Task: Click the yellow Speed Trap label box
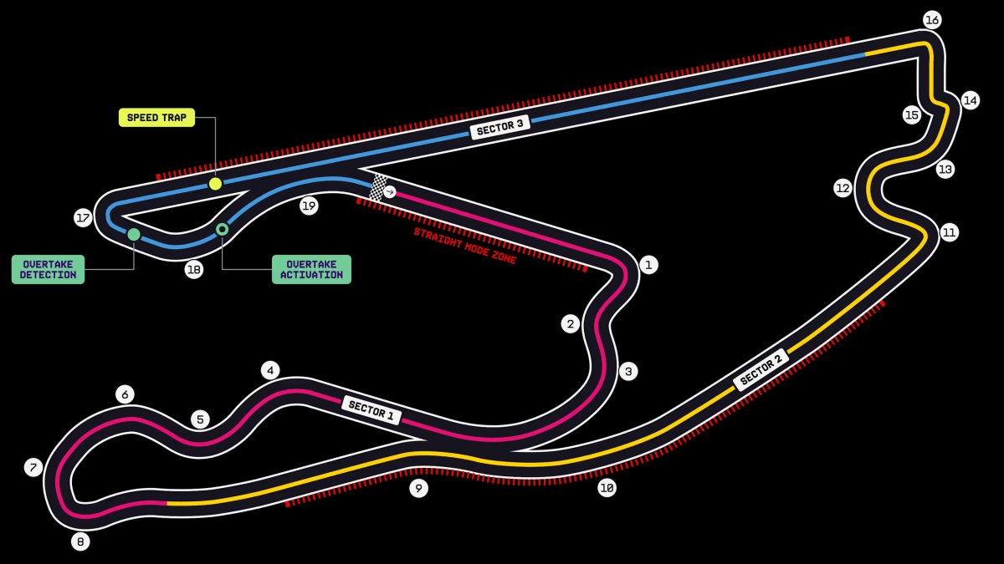(x=157, y=118)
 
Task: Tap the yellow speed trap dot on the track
(x=215, y=184)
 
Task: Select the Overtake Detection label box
(x=48, y=269)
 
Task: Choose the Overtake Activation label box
(x=311, y=269)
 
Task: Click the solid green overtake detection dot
(x=134, y=235)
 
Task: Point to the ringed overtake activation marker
(x=222, y=230)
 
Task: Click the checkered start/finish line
(x=378, y=187)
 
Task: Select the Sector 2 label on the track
(x=761, y=369)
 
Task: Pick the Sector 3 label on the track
(x=499, y=127)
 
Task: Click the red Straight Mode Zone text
(x=465, y=246)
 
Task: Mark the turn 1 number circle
(x=648, y=265)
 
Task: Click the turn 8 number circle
(x=80, y=541)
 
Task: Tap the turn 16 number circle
(x=932, y=20)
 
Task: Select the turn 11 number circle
(x=950, y=233)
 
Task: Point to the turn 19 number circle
(x=309, y=206)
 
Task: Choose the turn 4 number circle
(x=270, y=371)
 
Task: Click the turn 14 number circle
(x=971, y=100)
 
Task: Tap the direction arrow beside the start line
(x=390, y=191)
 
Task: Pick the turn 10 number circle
(x=607, y=488)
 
